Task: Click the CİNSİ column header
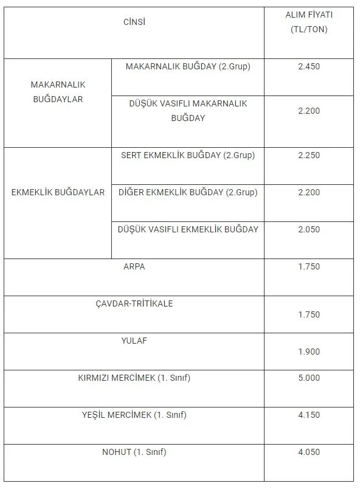pos(134,23)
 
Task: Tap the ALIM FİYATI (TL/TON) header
pos(309,23)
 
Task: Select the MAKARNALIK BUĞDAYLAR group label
pos(58,92)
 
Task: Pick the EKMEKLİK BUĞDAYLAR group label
pos(58,193)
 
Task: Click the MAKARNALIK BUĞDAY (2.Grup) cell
pos(188,66)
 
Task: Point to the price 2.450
pos(309,66)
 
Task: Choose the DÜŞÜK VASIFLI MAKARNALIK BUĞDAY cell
pos(188,111)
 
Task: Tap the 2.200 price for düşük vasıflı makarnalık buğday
pos(309,111)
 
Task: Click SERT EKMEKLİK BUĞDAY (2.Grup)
pos(188,155)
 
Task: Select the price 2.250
pos(309,155)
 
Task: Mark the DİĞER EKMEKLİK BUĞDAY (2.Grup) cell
pos(188,193)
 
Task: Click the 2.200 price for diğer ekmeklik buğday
pos(309,193)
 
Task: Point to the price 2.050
pos(309,230)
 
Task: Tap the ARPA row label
pos(134,266)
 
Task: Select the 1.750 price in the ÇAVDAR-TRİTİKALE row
pos(309,314)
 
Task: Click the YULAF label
pos(134,341)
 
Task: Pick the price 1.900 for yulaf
pos(309,351)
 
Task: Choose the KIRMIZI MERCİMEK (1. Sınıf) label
pos(134,378)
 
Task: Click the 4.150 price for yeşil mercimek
pos(309,415)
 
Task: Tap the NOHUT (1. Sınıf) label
pos(134,452)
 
